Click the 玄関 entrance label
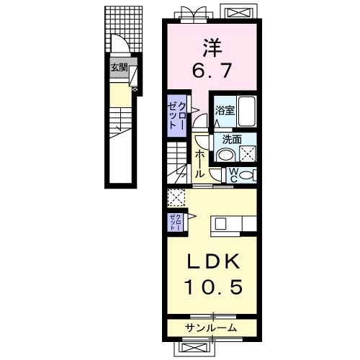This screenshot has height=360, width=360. pos(119,68)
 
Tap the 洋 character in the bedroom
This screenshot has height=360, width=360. pos(212,48)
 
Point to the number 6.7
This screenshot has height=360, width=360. pos(212,70)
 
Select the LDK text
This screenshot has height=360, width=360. pos(213,261)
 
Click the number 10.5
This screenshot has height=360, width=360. pos(213,287)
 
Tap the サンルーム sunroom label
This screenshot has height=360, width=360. pos(211,328)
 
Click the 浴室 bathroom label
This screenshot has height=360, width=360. pos(225,111)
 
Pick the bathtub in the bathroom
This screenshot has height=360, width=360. pos(246,112)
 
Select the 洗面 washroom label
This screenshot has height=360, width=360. pos(232,140)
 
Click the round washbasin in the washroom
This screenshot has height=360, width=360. pos(225,155)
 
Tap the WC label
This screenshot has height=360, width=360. pos(233,175)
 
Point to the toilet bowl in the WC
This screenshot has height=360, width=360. pos(246,175)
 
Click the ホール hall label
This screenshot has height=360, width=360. pos(199,164)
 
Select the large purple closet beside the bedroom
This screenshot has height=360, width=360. pos(177,116)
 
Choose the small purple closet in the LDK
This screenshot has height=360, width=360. pos(176,222)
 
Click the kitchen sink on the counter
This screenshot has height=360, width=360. pos(220,224)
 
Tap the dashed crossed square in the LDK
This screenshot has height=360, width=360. pos(176,198)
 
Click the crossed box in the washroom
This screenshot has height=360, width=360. pos(248,154)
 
